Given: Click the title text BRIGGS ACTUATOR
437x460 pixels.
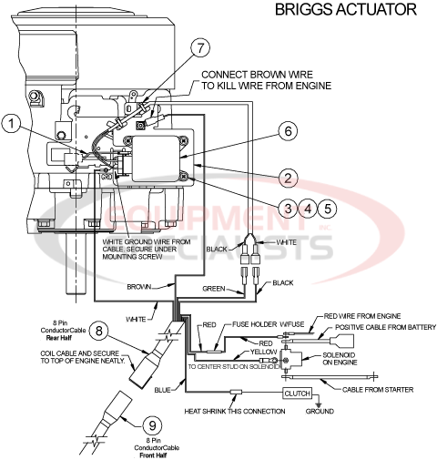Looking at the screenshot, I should point(346,11).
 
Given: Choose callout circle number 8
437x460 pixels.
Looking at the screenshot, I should point(100,329).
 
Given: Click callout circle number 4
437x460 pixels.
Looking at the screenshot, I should point(310,207).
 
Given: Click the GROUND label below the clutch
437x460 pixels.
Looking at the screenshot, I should point(319,411).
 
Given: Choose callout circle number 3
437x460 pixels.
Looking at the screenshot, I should point(289,207).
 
